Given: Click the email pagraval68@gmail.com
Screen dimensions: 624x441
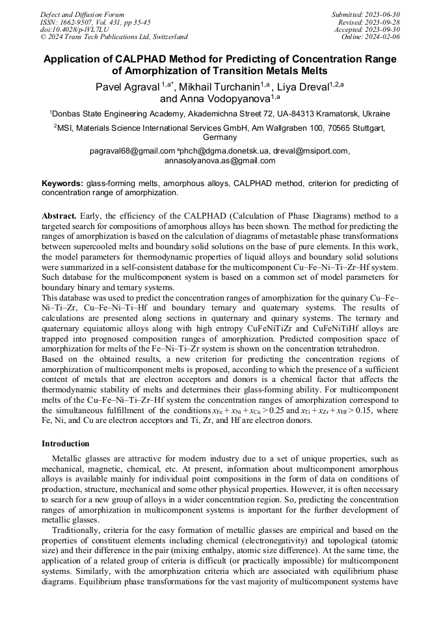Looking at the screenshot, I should (133, 151).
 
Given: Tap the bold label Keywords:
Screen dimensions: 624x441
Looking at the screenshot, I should (62, 184).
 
